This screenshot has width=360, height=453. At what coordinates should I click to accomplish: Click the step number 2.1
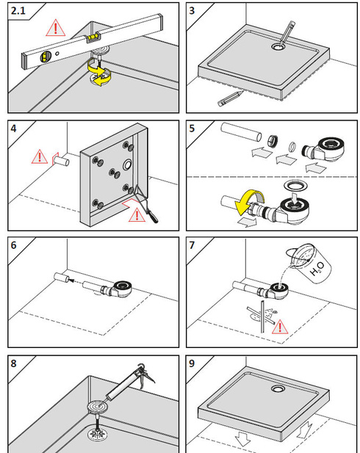pos(18,11)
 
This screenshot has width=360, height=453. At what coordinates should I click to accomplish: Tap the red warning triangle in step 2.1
pos(56,29)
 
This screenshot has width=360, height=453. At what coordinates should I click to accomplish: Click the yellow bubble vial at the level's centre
pos(93,37)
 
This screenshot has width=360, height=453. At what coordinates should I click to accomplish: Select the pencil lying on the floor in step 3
pos(231,98)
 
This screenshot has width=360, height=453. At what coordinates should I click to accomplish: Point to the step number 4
pos(13,128)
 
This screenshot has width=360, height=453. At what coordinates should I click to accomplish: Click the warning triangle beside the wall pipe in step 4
pos(40,156)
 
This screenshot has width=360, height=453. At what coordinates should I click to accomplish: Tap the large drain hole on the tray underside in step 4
pos(128,165)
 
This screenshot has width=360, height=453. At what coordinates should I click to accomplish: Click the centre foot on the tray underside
pos(115,173)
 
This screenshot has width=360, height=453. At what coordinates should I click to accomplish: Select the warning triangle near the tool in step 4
pos(137,215)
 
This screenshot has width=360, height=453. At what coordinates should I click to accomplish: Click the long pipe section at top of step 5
pos(241,132)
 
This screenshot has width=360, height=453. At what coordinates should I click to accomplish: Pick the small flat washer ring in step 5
pos(292,147)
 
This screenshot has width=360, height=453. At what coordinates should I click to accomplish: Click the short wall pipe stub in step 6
pos(61,278)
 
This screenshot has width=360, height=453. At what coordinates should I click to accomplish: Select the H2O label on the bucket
pos(317,269)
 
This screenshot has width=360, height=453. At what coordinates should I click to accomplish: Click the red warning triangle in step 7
pos(280,327)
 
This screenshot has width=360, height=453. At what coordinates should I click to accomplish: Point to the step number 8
pos(13,363)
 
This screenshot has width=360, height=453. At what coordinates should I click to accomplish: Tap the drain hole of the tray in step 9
pos(278,388)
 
